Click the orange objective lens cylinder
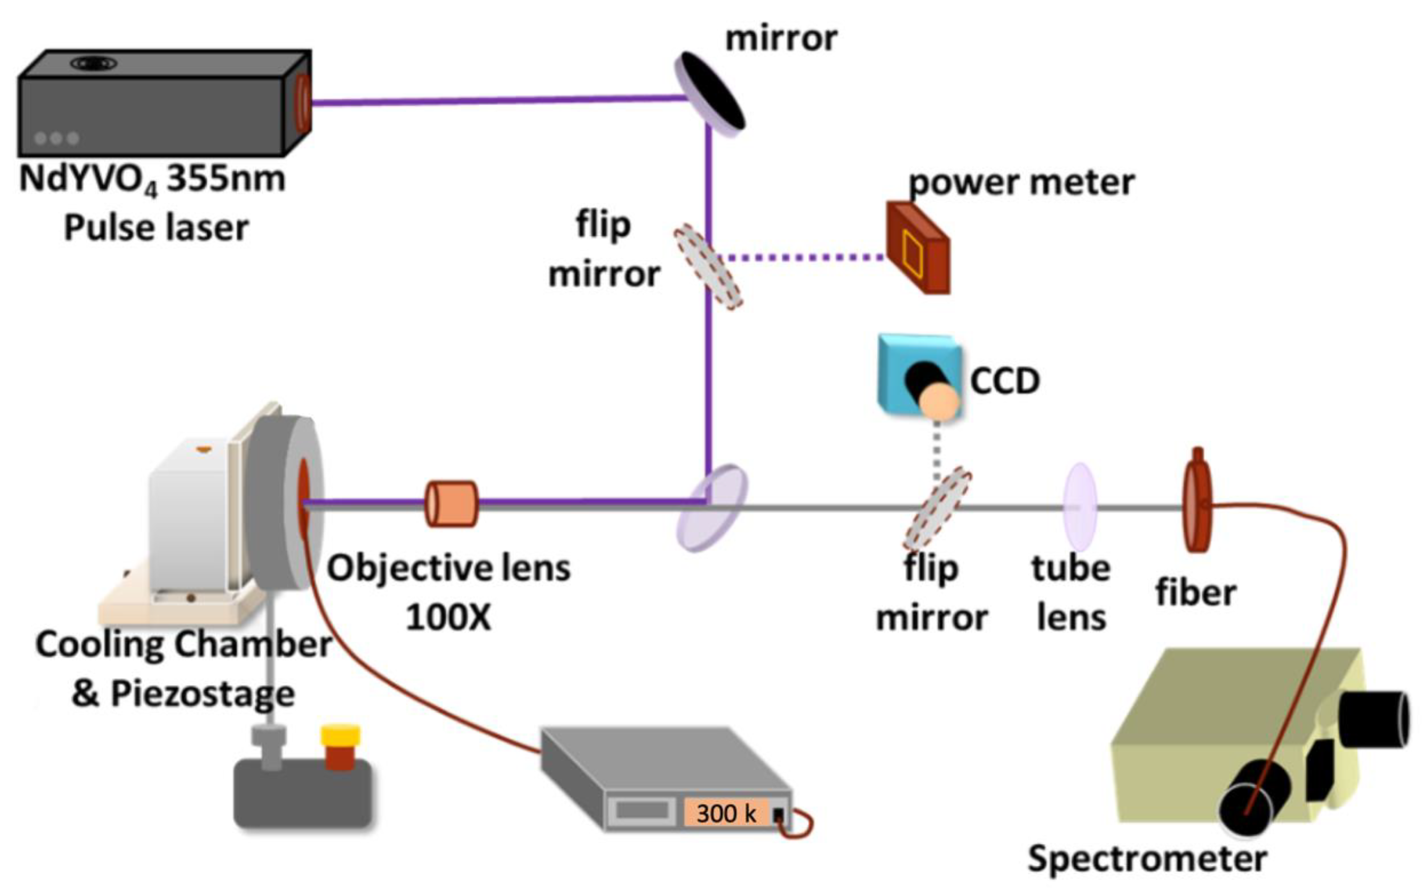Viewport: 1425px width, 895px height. (452, 504)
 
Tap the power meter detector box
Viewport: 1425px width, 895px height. (918, 248)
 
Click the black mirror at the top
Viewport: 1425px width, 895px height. (710, 93)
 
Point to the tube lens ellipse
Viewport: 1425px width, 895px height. (1080, 507)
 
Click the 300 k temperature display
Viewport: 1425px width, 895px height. (726, 813)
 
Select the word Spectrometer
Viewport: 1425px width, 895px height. (1147, 858)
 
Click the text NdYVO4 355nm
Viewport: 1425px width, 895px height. (153, 178)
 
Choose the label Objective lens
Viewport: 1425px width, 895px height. (449, 568)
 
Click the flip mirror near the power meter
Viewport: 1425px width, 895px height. (708, 266)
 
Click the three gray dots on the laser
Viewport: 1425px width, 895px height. (57, 138)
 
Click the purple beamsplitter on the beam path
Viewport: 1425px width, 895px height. (712, 508)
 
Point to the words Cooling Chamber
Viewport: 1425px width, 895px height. (183, 645)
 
